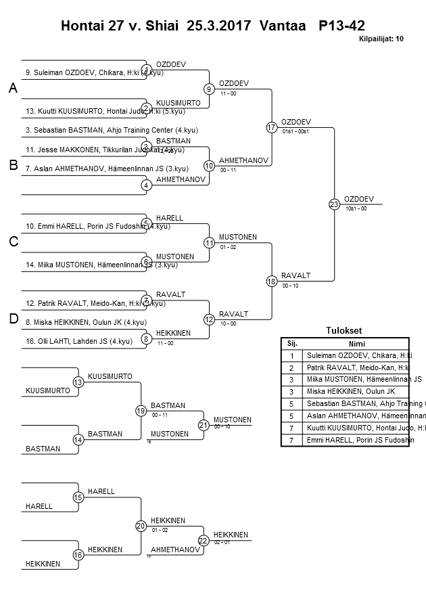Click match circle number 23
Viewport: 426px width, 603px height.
(334, 204)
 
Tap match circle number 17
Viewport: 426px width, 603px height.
(272, 127)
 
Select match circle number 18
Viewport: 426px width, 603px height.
(272, 281)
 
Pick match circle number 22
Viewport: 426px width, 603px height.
(204, 540)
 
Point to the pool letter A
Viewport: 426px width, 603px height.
(13, 89)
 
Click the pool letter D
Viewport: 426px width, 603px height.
(13, 319)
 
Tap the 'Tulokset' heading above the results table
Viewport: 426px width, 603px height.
(344, 331)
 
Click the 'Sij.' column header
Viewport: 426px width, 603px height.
(292, 343)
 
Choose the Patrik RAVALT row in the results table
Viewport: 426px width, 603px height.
(357, 367)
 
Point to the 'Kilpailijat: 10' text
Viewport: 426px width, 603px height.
(381, 39)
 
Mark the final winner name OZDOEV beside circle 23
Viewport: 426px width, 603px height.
(358, 199)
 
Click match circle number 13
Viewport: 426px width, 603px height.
(78, 382)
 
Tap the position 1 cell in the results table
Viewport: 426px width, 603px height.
(292, 355)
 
